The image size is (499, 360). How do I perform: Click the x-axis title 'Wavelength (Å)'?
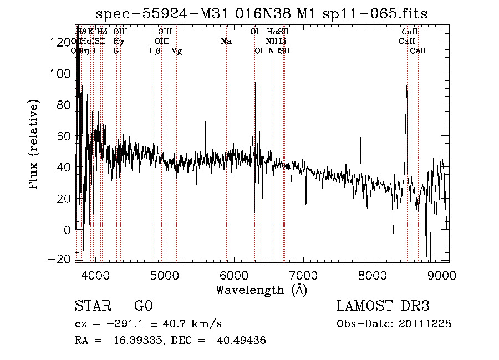coord(262,289)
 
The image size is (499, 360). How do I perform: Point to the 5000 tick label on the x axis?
coord(164,275)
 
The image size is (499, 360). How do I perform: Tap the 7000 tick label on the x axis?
coord(303,275)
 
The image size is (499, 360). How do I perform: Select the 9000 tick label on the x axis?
coord(442,275)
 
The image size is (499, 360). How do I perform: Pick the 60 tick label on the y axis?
coord(64,136)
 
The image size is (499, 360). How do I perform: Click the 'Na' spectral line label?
coord(226,42)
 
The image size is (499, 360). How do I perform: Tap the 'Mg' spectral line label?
coord(176,51)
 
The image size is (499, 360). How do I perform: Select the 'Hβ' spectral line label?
coord(155,51)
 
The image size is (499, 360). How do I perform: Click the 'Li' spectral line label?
coord(283,42)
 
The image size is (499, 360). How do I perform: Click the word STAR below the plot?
coord(91,306)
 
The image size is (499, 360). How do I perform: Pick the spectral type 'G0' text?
coord(142,306)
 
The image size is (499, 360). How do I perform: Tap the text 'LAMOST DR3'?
coord(383,306)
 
